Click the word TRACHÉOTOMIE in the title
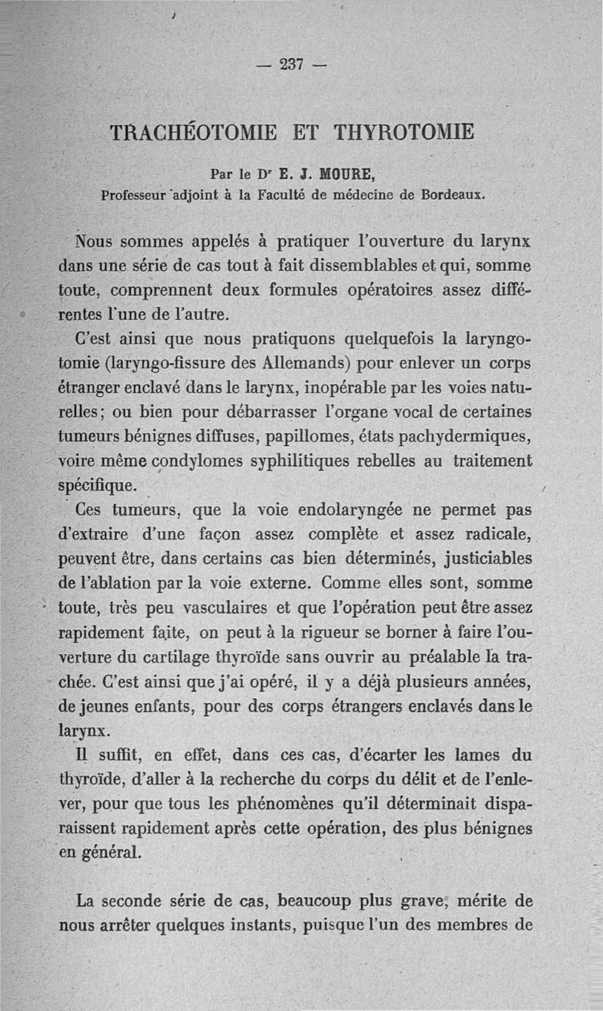click(x=193, y=133)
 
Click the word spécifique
click(x=96, y=484)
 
